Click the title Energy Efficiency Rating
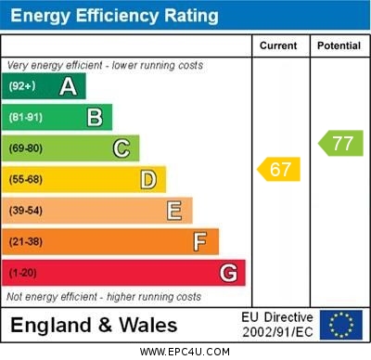[x=114, y=16]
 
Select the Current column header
[x=278, y=45]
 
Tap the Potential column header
[x=339, y=45]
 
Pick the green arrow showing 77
[x=341, y=143]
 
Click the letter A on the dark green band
[x=68, y=87]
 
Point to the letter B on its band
[x=95, y=118]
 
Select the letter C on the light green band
[x=122, y=148]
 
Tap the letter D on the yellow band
[x=148, y=179]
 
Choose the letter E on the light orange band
[x=174, y=211]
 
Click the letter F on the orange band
[x=200, y=241]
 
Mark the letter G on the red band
[x=228, y=273]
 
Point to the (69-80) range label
[x=26, y=148]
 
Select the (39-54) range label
[x=26, y=211]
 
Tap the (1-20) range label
[x=23, y=273]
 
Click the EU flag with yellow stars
[x=341, y=324]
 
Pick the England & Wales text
[x=94, y=325]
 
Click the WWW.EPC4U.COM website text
[x=185, y=352]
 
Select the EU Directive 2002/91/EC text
[x=278, y=325]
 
